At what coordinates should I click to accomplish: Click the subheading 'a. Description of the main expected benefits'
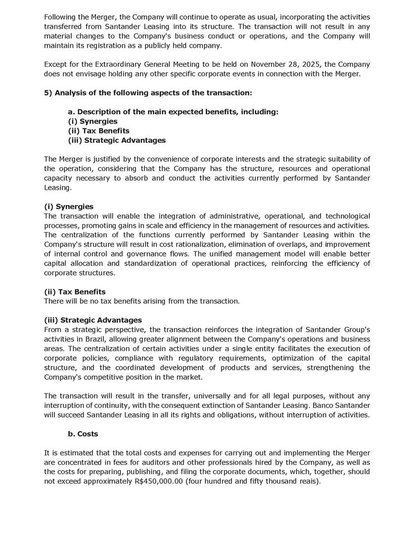pos(173,112)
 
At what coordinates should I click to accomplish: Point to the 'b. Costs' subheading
pos(83,434)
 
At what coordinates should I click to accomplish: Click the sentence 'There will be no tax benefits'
pos(142,301)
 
